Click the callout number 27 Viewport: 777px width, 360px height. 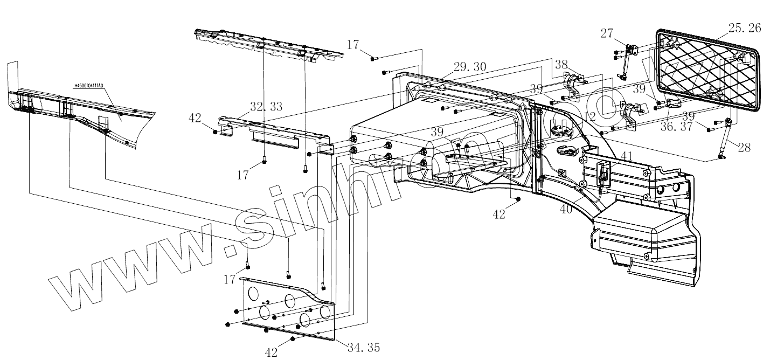pyautogui.click(x=607, y=33)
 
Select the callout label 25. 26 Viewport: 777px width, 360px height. pyautogui.click(x=745, y=28)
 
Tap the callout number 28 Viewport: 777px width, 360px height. pyautogui.click(x=744, y=147)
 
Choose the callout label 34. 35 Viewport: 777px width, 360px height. pyautogui.click(x=362, y=347)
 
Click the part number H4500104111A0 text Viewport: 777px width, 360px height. pyautogui.click(x=95, y=85)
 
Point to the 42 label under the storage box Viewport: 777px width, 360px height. pyautogui.click(x=499, y=214)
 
